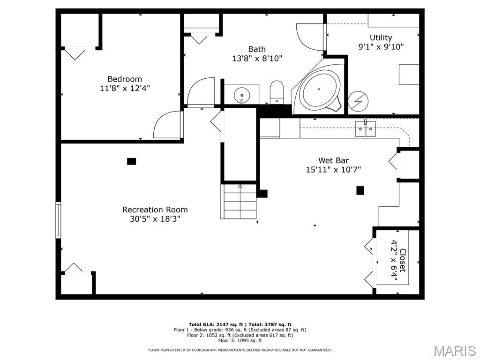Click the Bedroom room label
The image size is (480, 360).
click(125, 79)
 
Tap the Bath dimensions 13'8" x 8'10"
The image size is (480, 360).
click(257, 58)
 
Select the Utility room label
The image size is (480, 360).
click(381, 37)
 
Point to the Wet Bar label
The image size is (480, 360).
click(333, 160)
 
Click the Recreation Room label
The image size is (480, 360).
click(155, 210)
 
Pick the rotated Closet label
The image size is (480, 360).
click(403, 260)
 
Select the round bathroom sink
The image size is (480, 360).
click(242, 95)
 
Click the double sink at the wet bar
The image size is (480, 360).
click(366, 129)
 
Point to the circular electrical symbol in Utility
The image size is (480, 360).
click(358, 101)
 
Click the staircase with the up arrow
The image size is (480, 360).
click(239, 201)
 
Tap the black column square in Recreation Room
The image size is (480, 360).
click(131, 161)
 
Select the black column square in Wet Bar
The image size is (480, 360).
click(360, 190)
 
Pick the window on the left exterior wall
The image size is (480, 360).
click(58, 220)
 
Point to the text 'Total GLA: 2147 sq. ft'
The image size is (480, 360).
click(216, 324)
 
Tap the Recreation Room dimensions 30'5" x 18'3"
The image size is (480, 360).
click(155, 219)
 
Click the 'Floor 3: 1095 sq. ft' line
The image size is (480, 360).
click(240, 340)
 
